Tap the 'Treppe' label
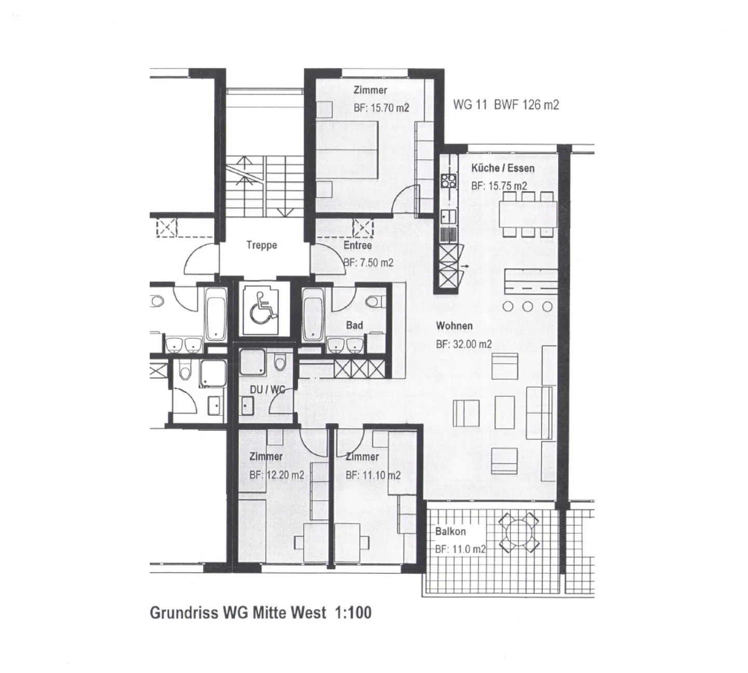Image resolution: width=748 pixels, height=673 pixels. (x=261, y=245)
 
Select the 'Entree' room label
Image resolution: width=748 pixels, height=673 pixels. (x=357, y=245)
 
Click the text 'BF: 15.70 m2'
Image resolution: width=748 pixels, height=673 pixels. (x=381, y=108)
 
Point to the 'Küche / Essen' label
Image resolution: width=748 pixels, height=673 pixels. (x=502, y=168)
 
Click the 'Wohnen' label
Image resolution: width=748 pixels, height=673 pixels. (x=454, y=326)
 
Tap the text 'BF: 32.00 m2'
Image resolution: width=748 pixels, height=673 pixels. (x=463, y=344)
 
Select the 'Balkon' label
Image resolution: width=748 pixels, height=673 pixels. (x=450, y=532)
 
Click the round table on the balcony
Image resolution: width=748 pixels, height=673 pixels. (x=518, y=532)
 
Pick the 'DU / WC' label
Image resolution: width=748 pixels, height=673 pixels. (x=267, y=389)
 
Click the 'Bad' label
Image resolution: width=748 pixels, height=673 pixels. (x=354, y=325)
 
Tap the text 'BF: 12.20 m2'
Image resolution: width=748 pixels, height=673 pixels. (x=276, y=475)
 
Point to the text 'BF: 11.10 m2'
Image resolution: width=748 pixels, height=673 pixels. (x=372, y=475)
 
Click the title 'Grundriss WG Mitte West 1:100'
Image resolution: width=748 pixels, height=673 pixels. (x=260, y=613)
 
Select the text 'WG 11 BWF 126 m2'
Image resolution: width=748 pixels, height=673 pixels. (x=505, y=105)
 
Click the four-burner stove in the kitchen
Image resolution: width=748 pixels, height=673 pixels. (x=448, y=181)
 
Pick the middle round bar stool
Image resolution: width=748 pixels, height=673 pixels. (x=528, y=307)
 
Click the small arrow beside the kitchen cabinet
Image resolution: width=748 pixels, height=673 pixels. (x=464, y=266)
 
